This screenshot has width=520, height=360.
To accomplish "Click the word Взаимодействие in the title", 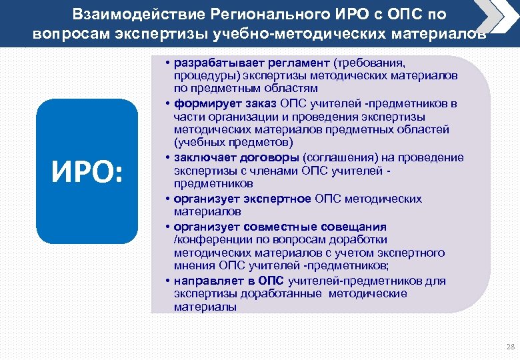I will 127,14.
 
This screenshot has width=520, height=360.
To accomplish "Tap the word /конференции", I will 205,239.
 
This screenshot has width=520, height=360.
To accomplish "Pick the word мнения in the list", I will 192,267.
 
